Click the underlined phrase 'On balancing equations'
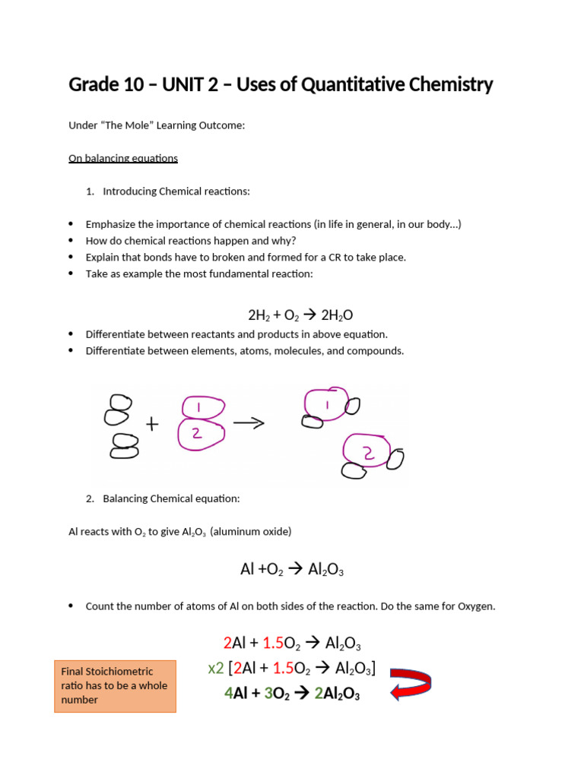(x=123, y=158)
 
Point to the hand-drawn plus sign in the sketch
(x=153, y=425)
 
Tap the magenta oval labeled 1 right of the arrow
(x=326, y=405)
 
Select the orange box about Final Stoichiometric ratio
(x=115, y=685)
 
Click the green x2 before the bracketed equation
(x=216, y=669)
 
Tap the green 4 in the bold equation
(x=228, y=693)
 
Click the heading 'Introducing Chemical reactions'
(x=176, y=191)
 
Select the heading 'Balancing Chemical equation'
(x=171, y=498)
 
